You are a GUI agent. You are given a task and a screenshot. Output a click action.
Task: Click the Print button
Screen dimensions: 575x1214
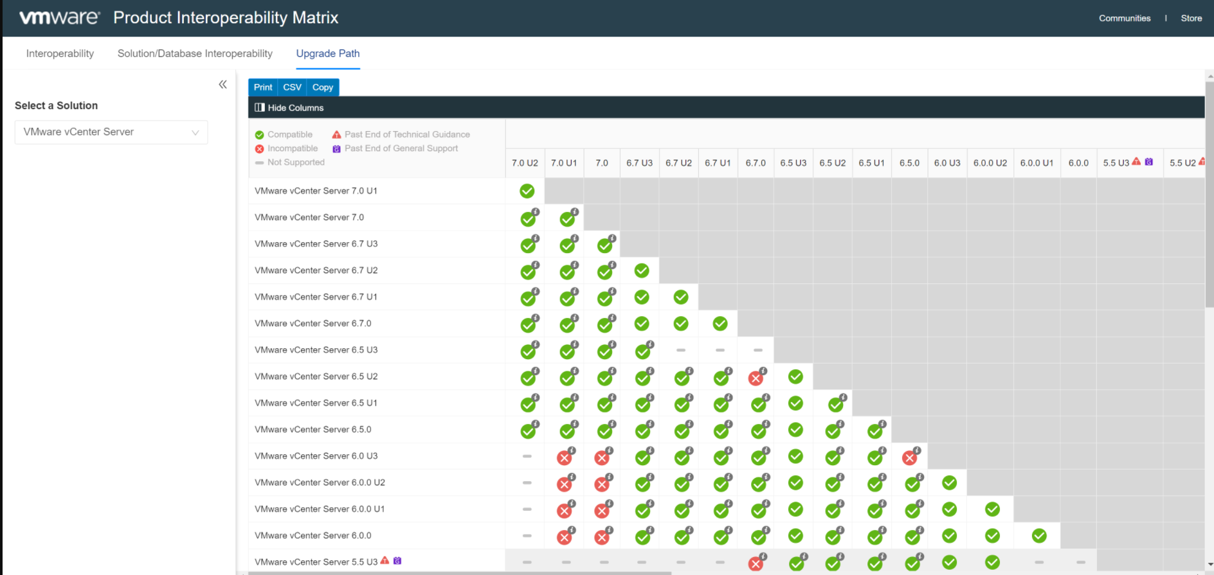263,87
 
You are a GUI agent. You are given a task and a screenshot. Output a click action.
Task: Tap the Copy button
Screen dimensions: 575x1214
323,87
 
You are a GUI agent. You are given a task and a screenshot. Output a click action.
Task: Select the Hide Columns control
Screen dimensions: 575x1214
289,108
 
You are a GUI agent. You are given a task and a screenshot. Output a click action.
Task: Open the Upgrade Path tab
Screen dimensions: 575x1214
328,53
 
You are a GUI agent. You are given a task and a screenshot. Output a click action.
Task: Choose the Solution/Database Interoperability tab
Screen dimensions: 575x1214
195,53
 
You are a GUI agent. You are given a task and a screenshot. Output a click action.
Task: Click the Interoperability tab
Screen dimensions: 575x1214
60,53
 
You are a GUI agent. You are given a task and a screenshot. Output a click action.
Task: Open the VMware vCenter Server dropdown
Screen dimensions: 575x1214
111,132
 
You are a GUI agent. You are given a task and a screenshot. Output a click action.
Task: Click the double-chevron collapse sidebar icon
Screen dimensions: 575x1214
222,84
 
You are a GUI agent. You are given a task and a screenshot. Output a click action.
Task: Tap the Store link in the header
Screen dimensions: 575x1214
1191,18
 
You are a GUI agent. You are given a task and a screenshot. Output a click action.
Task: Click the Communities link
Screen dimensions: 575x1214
1125,18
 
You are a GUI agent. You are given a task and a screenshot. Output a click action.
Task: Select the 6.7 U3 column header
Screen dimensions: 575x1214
639,163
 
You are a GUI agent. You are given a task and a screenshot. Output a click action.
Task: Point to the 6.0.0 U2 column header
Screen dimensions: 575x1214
990,163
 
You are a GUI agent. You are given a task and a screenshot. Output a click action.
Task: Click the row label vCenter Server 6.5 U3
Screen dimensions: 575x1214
316,350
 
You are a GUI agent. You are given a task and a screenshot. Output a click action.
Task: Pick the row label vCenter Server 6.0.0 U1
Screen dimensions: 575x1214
320,509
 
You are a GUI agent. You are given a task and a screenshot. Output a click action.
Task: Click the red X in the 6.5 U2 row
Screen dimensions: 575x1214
756,378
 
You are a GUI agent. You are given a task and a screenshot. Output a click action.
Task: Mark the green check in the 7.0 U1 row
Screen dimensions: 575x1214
527,191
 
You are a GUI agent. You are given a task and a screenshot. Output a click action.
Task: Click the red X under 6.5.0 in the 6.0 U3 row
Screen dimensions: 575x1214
909,457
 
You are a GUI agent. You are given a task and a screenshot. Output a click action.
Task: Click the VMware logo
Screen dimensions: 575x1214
59,17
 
